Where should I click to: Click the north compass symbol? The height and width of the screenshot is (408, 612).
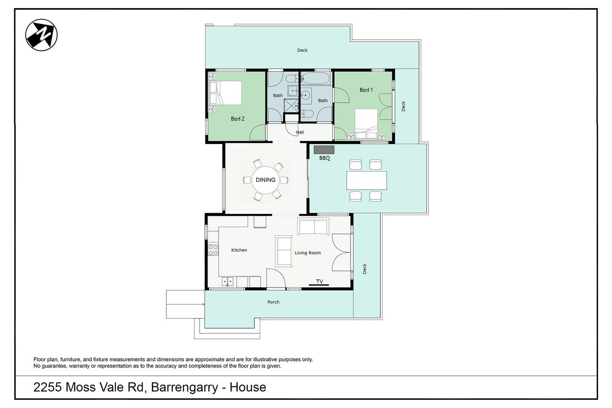[41, 35]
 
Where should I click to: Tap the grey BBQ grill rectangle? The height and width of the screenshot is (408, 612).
[324, 150]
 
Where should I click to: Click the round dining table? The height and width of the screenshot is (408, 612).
[265, 179]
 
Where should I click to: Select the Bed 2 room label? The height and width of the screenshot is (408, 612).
[238, 119]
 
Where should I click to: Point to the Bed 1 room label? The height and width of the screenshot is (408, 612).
[366, 90]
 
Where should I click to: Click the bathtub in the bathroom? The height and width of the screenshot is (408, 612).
[316, 78]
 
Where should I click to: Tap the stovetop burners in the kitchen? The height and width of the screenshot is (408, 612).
[213, 250]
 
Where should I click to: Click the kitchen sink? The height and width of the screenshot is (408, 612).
[227, 281]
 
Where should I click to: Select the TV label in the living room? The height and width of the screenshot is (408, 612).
[320, 281]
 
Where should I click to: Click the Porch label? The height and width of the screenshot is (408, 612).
[273, 302]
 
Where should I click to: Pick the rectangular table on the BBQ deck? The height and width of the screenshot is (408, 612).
[367, 180]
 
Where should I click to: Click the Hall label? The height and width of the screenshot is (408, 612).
[300, 132]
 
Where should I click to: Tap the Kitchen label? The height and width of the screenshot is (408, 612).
[239, 250]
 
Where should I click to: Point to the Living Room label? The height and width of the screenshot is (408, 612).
[307, 253]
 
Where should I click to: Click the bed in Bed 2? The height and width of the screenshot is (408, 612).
[225, 93]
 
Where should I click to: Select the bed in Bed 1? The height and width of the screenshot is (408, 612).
[366, 124]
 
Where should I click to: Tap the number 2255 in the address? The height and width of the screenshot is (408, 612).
[47, 387]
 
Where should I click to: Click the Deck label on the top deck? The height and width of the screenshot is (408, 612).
[302, 50]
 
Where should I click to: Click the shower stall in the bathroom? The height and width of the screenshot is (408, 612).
[291, 106]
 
